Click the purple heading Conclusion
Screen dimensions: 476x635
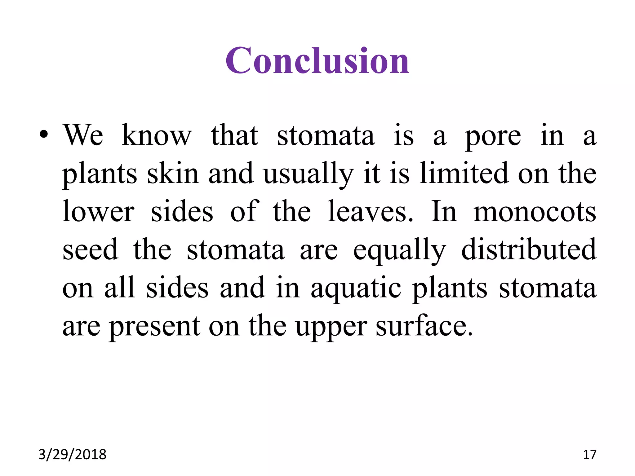pyautogui.click(x=317, y=61)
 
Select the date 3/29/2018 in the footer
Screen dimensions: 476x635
pyautogui.click(x=72, y=455)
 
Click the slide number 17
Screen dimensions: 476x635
pyautogui.click(x=589, y=455)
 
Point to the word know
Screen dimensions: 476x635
pyautogui.click(x=157, y=135)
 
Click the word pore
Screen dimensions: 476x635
pyautogui.click(x=493, y=136)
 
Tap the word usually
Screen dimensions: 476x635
pyautogui.click(x=308, y=174)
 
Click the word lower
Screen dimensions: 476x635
pyautogui.click(x=98, y=212)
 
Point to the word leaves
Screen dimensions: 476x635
pyautogui.click(x=370, y=212)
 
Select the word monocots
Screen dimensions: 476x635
pyautogui.click(x=535, y=212)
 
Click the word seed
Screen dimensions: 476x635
pyautogui.click(x=90, y=250)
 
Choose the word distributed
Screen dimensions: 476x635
pyautogui.click(x=529, y=250)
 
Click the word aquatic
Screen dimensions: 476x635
pyautogui.click(x=356, y=289)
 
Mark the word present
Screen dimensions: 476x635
pyautogui.click(x=154, y=327)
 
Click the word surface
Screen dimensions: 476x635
pyautogui.click(x=424, y=326)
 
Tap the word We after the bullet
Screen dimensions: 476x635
pyautogui.click(x=83, y=135)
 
